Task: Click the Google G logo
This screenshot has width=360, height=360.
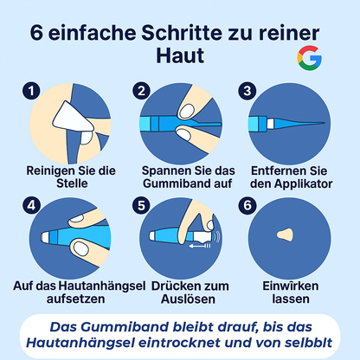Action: click(308, 60)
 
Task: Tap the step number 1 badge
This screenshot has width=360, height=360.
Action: click(32, 89)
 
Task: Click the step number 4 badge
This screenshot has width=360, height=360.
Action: click(32, 205)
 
